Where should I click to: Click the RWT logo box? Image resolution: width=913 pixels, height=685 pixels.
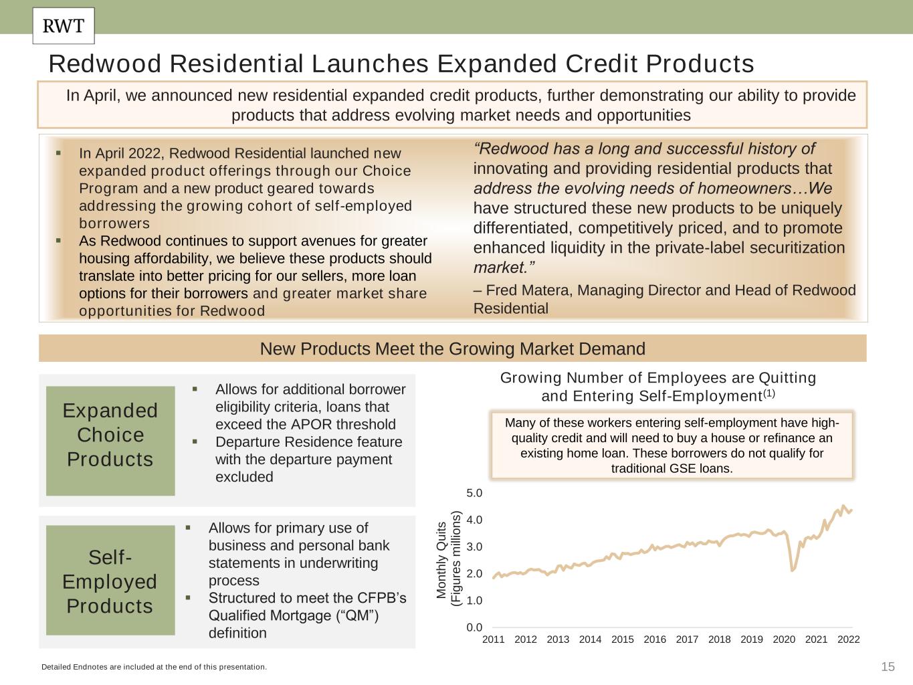[64, 26]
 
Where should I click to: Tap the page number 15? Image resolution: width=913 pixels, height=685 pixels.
[888, 666]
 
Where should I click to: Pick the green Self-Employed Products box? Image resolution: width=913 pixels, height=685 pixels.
[110, 580]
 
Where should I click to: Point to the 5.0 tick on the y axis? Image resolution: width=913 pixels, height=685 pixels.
[474, 493]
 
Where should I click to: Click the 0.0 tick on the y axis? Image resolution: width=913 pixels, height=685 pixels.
[474, 627]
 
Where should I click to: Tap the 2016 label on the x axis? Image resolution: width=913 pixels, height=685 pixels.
[654, 640]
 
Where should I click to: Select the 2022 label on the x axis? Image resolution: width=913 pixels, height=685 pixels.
[848, 640]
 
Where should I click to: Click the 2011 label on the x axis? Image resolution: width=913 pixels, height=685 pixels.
[494, 640]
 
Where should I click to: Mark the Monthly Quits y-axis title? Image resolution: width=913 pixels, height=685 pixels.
[449, 559]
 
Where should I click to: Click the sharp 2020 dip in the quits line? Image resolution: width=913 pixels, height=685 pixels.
[793, 569]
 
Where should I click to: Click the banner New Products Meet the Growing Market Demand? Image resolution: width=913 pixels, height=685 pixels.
[452, 349]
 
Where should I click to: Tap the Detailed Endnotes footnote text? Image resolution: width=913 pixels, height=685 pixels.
[154, 667]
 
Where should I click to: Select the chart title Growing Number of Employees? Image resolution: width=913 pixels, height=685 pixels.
[658, 387]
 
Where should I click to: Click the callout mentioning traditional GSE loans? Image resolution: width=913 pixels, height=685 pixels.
[672, 445]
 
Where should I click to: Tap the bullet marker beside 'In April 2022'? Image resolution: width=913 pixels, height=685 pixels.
[58, 153]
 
